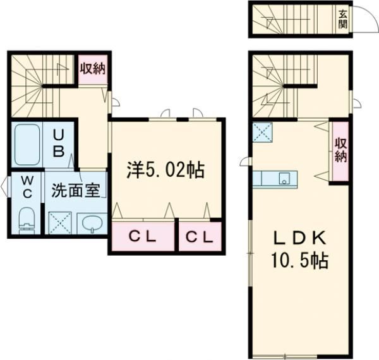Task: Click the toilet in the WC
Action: [27, 221]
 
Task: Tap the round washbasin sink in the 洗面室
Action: [92, 223]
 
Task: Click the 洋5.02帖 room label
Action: [165, 171]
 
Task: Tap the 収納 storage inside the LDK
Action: [341, 150]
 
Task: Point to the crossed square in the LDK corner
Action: [262, 132]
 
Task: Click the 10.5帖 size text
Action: [300, 261]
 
